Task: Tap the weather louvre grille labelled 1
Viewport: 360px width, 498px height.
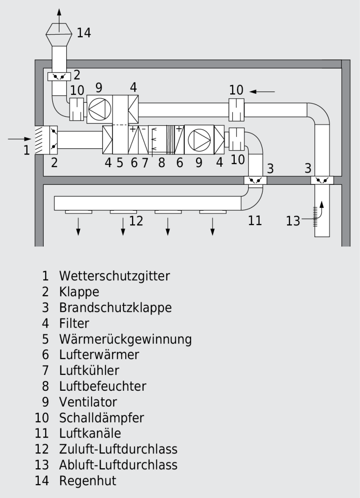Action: pos(39,140)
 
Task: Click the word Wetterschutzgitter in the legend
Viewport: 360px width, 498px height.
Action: pos(114,275)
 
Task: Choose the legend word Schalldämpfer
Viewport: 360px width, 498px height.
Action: pos(101,417)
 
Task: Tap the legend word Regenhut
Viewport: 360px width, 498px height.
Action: pos(87,480)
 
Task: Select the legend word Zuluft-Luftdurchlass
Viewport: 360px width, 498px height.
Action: pos(118,449)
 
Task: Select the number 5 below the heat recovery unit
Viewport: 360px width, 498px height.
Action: pos(120,163)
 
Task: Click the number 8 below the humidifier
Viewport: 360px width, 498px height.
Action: pos(161,163)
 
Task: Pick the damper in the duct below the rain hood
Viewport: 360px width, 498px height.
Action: pos(59,76)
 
